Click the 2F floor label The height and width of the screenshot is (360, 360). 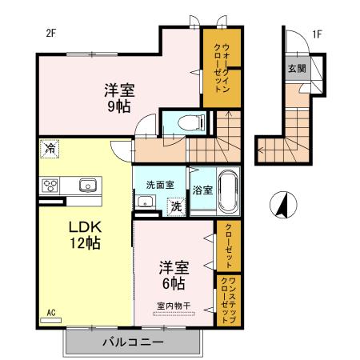[50, 33]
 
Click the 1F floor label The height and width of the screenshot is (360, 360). [317, 33]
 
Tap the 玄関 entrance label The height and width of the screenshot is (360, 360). [296, 68]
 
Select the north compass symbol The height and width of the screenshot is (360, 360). [282, 205]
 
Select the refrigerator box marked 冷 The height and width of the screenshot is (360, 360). [50, 147]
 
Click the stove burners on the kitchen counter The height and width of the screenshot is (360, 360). [50, 186]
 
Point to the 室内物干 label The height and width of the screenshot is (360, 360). [173, 305]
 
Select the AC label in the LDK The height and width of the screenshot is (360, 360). [51, 313]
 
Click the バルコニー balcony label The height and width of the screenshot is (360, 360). [133, 343]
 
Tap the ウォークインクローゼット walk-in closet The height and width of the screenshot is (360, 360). [216, 67]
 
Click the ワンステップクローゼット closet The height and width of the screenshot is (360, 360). [227, 298]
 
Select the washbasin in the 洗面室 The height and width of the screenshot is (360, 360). [145, 202]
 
